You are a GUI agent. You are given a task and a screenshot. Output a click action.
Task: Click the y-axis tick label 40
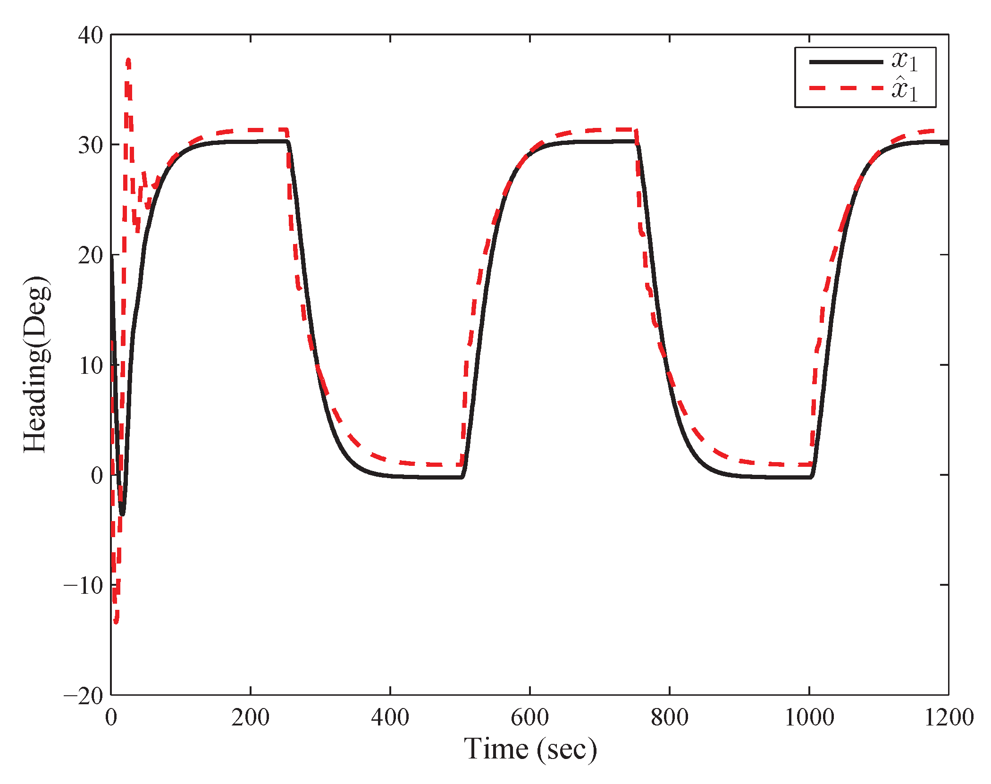tap(90, 35)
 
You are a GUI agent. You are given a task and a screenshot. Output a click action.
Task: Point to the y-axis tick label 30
tap(90, 145)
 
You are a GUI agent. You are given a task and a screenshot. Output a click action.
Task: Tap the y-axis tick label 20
tap(90, 255)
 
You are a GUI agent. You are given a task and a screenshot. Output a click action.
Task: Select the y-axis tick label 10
tap(90, 366)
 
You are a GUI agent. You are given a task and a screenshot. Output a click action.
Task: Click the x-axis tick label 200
tap(250, 718)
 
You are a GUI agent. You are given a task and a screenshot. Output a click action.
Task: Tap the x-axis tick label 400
tap(390, 718)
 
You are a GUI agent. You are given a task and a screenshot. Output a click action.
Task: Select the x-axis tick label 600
tap(529, 718)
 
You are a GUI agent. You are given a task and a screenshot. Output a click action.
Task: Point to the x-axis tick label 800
tap(669, 718)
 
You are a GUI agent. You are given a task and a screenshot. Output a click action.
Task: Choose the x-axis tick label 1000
tap(809, 718)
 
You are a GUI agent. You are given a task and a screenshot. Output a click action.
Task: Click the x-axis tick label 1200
tap(949, 718)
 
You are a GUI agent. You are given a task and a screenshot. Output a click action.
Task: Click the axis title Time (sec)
tap(530, 750)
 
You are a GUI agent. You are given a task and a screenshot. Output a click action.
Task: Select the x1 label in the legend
tap(904, 62)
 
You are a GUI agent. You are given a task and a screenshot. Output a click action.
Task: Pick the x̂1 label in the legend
tap(904, 88)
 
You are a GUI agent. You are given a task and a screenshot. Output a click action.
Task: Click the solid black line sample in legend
tap(846, 62)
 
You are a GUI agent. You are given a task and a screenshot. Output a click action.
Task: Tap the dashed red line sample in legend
tap(846, 88)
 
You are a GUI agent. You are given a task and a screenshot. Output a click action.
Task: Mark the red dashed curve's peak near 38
tap(128, 60)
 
